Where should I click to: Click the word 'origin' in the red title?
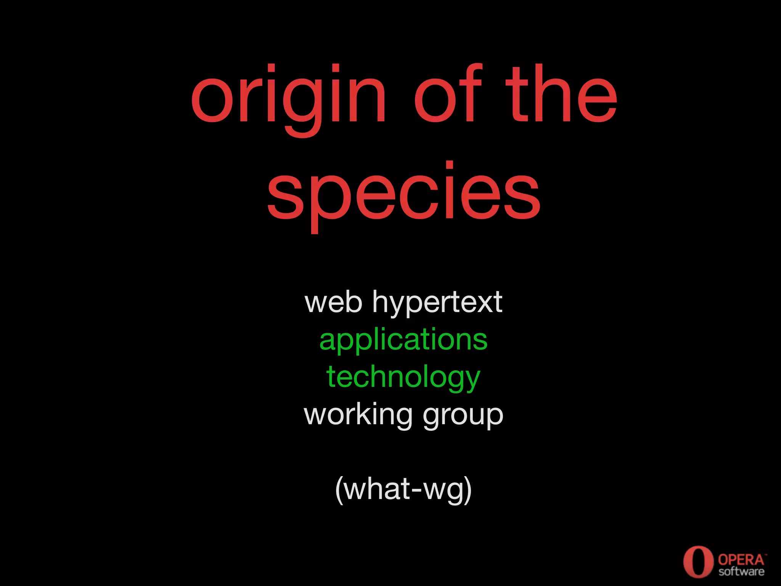click(x=289, y=97)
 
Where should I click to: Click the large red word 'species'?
click(x=403, y=193)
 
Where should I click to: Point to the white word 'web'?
click(x=333, y=302)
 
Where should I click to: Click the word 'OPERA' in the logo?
click(x=741, y=560)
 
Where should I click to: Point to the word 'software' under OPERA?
click(x=741, y=571)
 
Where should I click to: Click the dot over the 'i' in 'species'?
click(x=450, y=165)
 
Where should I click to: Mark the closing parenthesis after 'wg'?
click(x=468, y=490)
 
